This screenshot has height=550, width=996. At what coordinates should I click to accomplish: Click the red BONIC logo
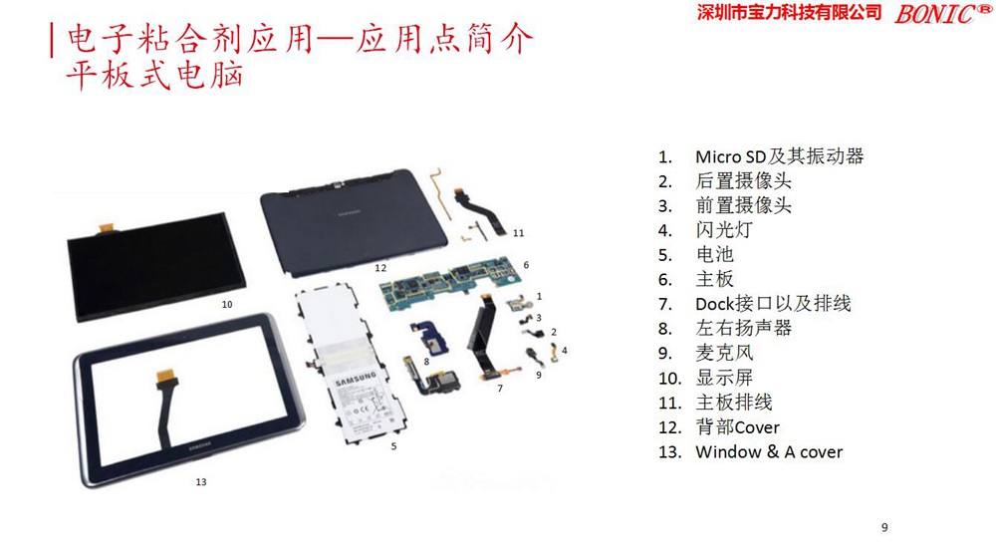point(942,13)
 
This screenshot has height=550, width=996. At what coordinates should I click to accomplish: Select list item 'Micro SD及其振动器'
point(780,156)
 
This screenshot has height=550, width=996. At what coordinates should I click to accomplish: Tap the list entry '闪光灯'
point(724,230)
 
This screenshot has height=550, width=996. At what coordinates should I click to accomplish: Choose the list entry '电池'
point(714,254)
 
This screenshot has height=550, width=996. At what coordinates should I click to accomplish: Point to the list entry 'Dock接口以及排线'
point(773,304)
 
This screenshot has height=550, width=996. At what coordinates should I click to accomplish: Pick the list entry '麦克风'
point(724,353)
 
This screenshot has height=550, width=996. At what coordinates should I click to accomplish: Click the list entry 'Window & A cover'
point(769,451)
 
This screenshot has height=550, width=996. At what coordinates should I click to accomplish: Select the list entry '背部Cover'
point(737,426)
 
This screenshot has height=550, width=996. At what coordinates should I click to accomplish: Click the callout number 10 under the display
point(227,304)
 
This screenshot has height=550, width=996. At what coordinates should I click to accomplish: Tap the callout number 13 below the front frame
point(201,482)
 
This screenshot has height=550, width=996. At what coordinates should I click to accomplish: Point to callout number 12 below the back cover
point(380,268)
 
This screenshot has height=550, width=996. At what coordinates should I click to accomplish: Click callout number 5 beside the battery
point(393,446)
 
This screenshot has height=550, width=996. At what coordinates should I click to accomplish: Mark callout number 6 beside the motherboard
point(526,265)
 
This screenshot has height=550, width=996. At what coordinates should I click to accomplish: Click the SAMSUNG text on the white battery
point(356,380)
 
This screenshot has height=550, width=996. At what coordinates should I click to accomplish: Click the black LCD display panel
point(156,267)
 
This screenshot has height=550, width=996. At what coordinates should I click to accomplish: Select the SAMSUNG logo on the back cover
point(349,213)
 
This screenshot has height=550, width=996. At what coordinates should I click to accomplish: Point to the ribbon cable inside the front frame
point(165,407)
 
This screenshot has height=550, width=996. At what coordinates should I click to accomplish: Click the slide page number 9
point(884,527)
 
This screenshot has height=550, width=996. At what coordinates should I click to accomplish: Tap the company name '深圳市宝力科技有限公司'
point(790,12)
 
